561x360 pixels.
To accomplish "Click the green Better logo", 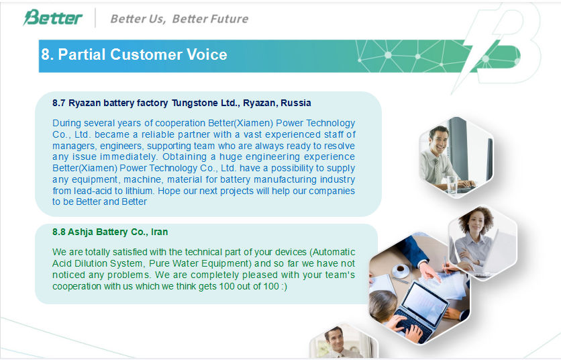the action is click(x=52, y=17).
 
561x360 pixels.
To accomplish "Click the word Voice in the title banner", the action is click(x=207, y=54).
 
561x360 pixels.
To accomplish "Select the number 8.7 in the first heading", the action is click(x=58, y=103).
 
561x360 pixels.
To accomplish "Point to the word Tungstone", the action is click(x=195, y=103).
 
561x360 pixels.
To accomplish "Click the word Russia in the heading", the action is click(x=296, y=103).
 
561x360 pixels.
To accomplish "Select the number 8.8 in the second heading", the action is click(x=58, y=232).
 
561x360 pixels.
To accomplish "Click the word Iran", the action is click(x=159, y=232).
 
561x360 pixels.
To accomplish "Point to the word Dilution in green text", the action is click(x=91, y=264).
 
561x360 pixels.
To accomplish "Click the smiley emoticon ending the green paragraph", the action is click(x=284, y=287).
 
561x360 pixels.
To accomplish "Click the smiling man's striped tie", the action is click(x=438, y=171).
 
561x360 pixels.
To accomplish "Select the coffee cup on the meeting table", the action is click(x=401, y=269).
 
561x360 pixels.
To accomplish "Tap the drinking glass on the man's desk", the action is click(x=452, y=185).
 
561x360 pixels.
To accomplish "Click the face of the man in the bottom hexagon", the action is click(x=334, y=340).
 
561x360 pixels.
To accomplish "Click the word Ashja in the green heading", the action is click(x=81, y=232).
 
